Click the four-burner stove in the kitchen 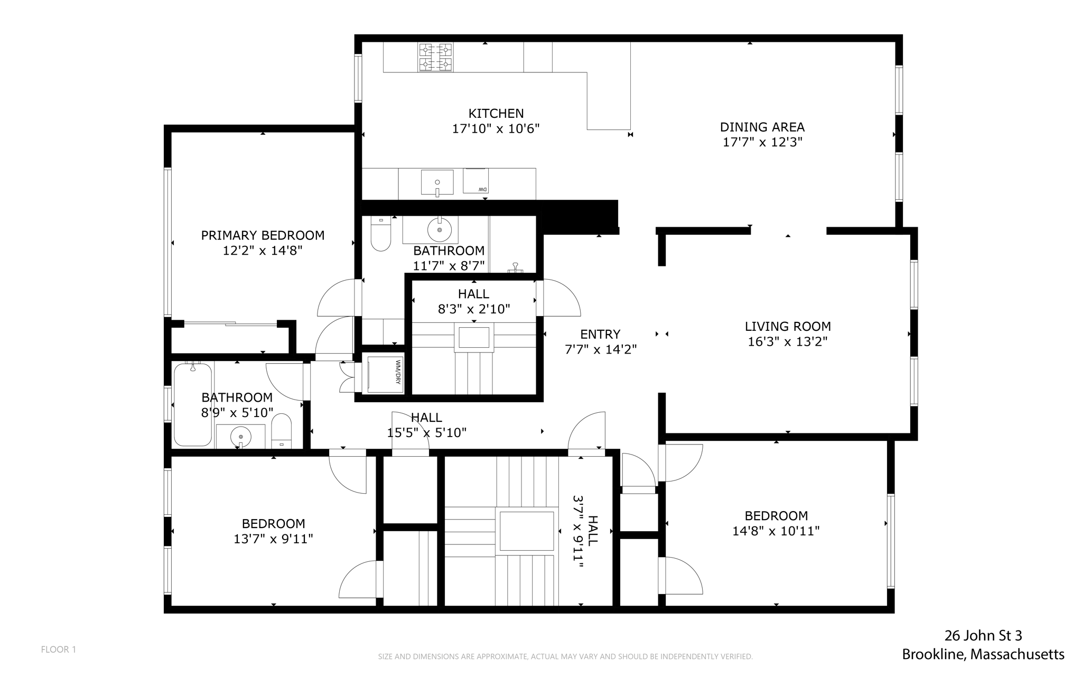436,57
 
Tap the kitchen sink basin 437,182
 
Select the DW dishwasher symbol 475,181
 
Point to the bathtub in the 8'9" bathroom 193,404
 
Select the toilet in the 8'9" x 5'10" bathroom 282,431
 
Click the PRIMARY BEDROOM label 263,235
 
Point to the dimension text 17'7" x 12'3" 762,142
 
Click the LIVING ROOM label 787,327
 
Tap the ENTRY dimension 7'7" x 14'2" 600,349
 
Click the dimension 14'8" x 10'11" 776,531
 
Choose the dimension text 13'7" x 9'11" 273,539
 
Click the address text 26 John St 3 983,635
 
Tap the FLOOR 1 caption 59,650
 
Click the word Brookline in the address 934,654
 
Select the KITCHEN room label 496,114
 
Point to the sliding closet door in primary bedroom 230,323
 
